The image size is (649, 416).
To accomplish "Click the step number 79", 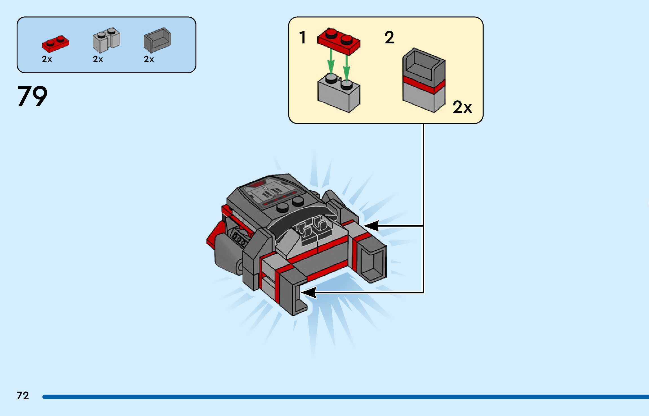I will click(x=32, y=96).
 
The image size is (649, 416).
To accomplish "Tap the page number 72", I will click(x=23, y=396).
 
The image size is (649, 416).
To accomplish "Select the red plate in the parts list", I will click(x=56, y=44).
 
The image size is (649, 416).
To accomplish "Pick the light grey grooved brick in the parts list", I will click(x=106, y=40).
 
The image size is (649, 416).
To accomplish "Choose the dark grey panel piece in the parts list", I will click(x=157, y=40).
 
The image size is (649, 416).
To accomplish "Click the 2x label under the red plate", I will click(x=47, y=59).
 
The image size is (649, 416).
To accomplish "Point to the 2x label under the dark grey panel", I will click(x=149, y=59).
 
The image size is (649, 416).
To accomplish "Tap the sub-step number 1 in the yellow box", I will click(x=303, y=37).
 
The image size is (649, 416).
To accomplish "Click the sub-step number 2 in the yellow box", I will click(x=389, y=37).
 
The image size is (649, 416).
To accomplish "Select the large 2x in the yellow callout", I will click(x=462, y=107).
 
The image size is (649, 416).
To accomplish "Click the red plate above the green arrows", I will click(x=339, y=41).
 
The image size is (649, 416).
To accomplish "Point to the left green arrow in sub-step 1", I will click(x=331, y=63).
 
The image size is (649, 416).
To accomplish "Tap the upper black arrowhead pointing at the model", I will click(x=371, y=226).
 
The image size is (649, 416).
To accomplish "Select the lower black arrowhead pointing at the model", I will click(x=309, y=293).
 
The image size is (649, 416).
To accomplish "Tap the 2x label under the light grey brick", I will click(x=98, y=59).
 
